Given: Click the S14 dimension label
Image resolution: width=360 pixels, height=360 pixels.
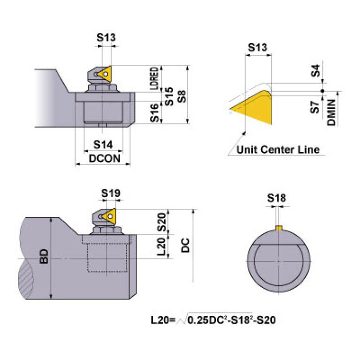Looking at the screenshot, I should pyautogui.click(x=103, y=144).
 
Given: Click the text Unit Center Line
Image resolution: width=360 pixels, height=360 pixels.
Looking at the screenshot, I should pyautogui.click(x=278, y=150).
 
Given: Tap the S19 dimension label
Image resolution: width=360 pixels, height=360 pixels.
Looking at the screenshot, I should pyautogui.click(x=111, y=193).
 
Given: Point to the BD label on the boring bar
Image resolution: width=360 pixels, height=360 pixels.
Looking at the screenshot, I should pyautogui.click(x=44, y=256).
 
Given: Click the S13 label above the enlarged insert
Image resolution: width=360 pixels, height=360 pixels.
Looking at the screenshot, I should pyautogui.click(x=257, y=47).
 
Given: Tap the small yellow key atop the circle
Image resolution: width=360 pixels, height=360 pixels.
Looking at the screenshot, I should pyautogui.click(x=278, y=228).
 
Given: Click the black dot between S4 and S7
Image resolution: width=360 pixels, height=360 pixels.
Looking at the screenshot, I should pyautogui.click(x=322, y=91).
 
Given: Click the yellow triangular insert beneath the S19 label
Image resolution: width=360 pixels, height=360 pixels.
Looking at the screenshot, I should pyautogui.click(x=109, y=216).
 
